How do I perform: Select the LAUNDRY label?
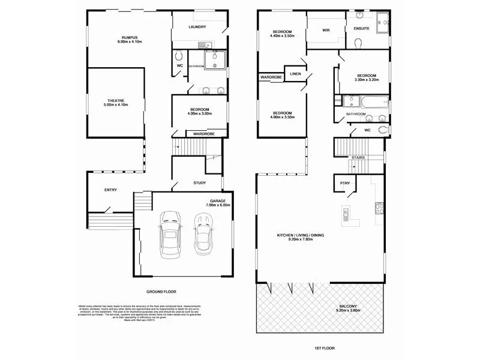[x=197, y=26]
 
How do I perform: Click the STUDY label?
[x=200, y=182]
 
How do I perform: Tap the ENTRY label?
[x=110, y=190]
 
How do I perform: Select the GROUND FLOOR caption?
[x=161, y=292]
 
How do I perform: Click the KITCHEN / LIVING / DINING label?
[x=300, y=236]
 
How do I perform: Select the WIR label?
[x=326, y=29]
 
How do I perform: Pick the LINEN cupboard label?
[x=295, y=74]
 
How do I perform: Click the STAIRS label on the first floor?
[x=358, y=158]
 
